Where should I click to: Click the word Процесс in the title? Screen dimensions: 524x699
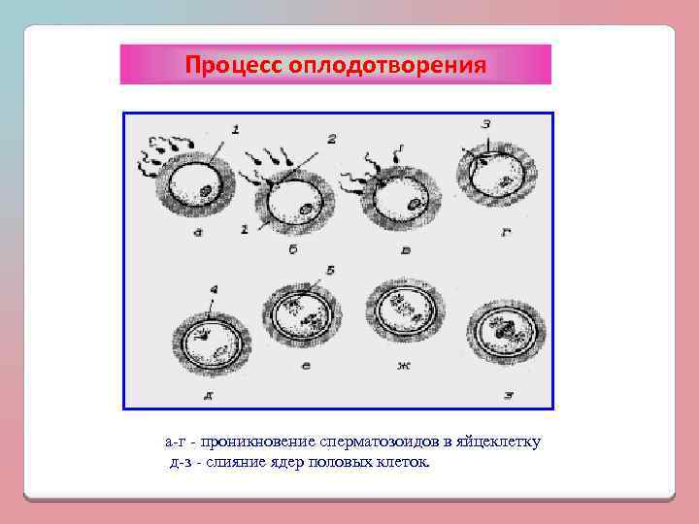[229, 65]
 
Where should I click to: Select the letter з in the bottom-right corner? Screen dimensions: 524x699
[508, 394]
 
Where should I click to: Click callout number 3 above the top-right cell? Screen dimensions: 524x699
[485, 125]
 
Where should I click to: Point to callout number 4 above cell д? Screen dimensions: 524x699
[213, 288]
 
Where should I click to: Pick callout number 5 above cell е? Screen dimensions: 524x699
[330, 270]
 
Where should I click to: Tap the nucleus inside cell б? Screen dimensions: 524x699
[304, 208]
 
